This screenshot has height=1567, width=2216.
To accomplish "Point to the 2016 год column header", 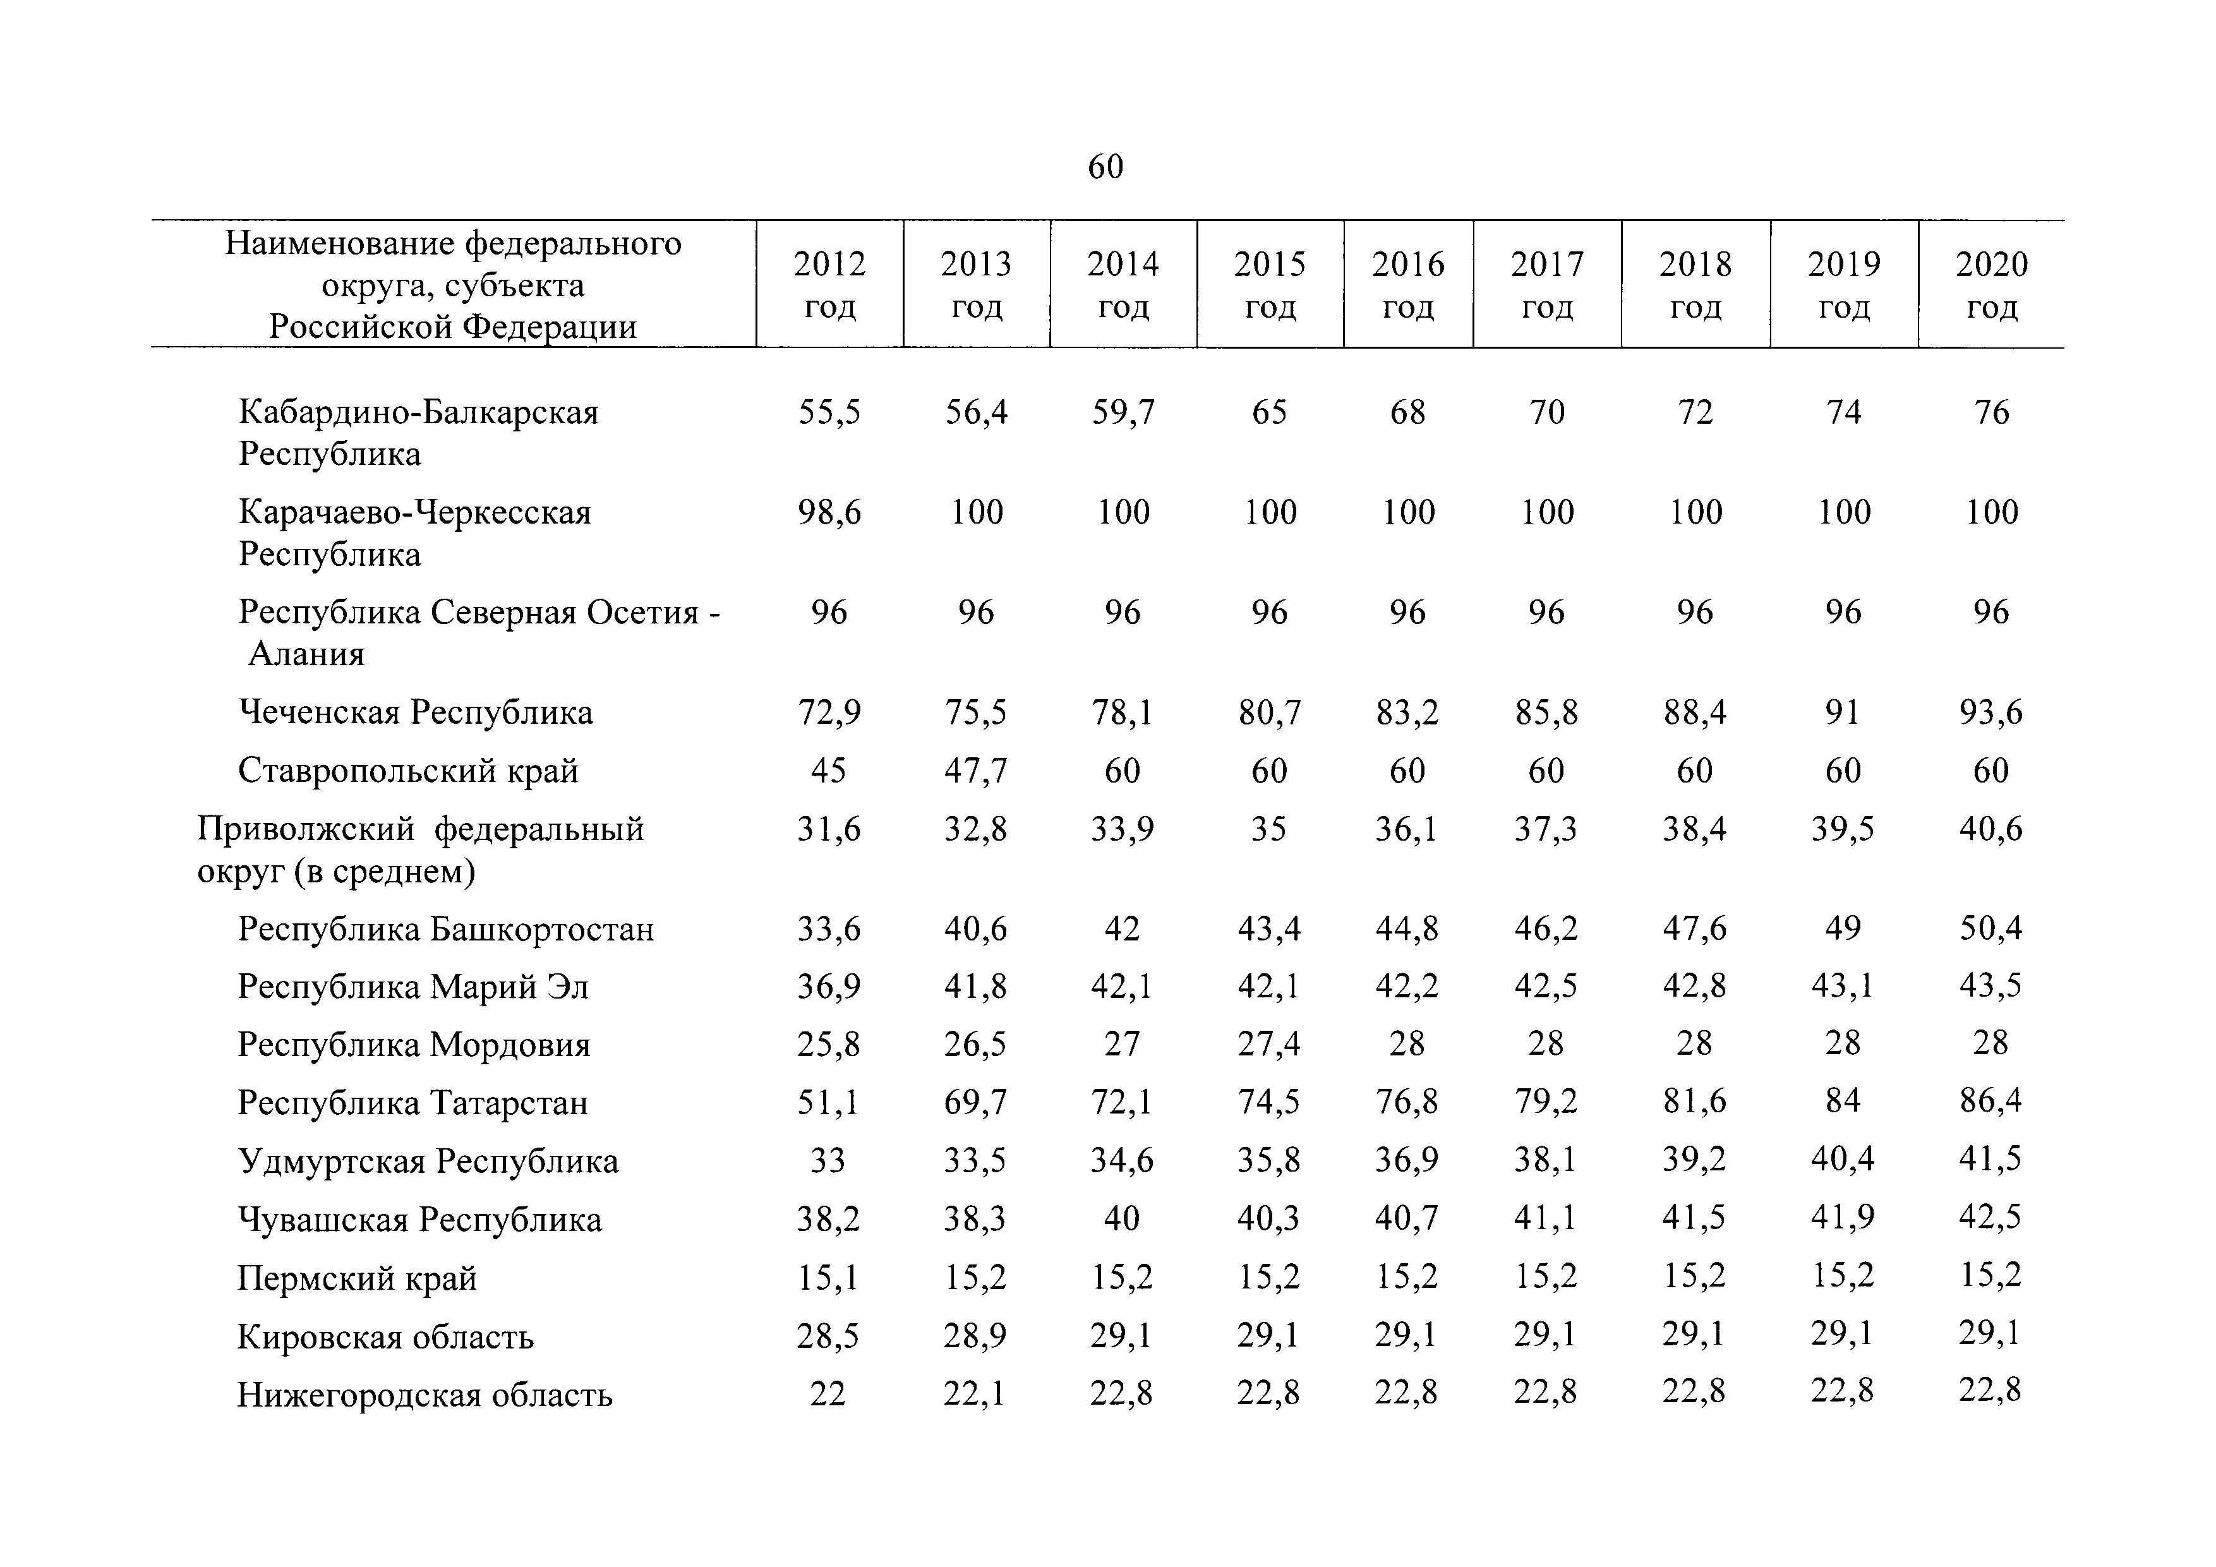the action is (1408, 285).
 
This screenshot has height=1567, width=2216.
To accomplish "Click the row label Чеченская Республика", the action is (415, 712).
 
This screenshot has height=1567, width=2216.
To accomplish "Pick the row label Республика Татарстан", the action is (413, 1103).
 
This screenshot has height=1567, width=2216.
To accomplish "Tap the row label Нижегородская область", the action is (425, 1395).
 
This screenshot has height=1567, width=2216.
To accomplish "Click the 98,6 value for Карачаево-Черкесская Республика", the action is (829, 512).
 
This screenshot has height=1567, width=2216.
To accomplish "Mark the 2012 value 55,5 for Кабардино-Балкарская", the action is (829, 412).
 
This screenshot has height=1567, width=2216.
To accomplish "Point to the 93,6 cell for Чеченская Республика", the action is (1990, 712).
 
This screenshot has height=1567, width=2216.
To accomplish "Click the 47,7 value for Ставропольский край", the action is (976, 770).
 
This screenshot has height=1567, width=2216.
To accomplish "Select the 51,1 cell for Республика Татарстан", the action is (827, 1101).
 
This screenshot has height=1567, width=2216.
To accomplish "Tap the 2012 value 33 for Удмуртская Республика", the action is (827, 1160).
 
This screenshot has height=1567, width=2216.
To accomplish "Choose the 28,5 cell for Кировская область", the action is (828, 1335).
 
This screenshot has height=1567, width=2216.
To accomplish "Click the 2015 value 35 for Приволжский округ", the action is (1268, 829).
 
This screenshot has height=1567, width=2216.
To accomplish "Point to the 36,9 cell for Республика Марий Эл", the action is (828, 986).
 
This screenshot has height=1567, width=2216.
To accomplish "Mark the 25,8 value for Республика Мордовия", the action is (828, 1044).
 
